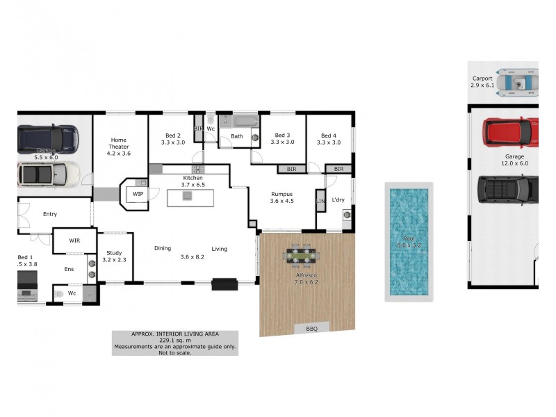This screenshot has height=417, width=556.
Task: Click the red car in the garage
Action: (x=512, y=130)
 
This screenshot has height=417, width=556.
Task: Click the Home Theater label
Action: (x=118, y=146)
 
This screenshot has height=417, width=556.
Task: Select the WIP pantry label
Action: (x=138, y=194)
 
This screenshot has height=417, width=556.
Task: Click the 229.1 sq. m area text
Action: (x=174, y=341)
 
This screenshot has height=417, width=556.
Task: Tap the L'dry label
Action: (x=338, y=201)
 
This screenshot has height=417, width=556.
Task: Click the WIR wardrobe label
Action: (x=75, y=240)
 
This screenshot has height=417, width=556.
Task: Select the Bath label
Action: (x=237, y=136)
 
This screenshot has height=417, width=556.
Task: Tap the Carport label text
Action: (x=482, y=79)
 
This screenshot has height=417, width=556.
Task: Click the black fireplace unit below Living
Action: (x=224, y=284)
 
